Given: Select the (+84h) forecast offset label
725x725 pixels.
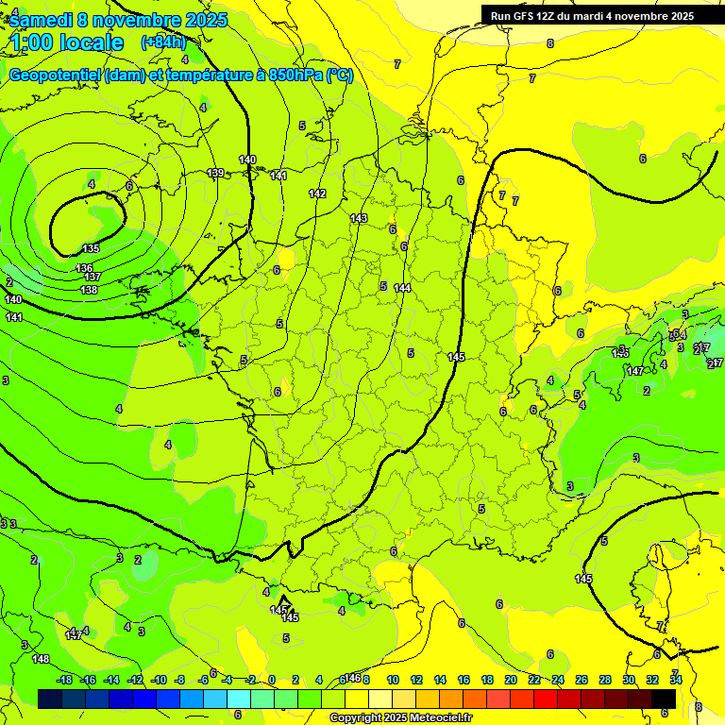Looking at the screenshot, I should click(163, 42).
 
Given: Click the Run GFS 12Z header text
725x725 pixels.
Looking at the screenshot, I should click(529, 15).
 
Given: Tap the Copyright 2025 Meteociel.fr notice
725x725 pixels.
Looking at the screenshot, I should click(400, 718).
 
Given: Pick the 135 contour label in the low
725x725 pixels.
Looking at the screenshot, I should click(91, 248).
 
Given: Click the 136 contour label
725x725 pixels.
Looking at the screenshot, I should click(85, 268).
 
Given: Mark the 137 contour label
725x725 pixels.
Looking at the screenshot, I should click(93, 277).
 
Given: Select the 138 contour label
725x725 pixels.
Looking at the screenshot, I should click(89, 289).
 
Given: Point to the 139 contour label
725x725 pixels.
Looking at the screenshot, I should click(216, 173).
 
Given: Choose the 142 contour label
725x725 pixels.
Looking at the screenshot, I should click(317, 194).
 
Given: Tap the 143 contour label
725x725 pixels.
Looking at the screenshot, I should click(359, 218).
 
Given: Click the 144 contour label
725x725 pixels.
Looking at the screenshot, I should click(403, 288).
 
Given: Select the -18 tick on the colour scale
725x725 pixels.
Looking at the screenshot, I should click(65, 680).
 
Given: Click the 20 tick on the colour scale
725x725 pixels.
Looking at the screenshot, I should click(511, 680).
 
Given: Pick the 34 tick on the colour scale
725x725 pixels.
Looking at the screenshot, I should click(676, 680).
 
